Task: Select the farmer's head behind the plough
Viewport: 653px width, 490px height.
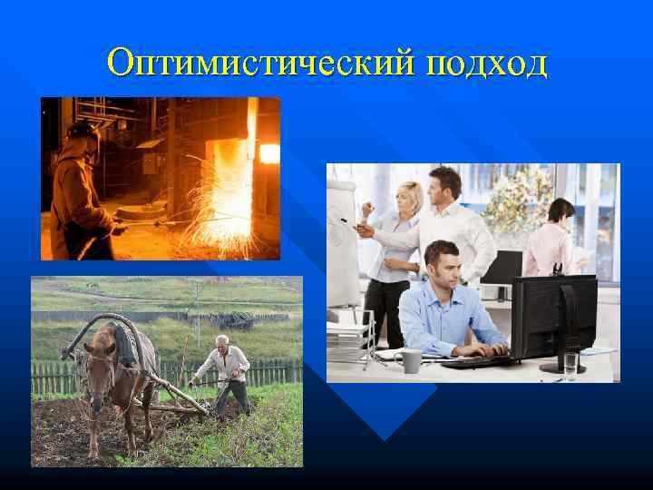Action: coord(222,342)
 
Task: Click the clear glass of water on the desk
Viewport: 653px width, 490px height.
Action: coord(570,366)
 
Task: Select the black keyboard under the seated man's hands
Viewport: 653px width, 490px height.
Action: coord(473,360)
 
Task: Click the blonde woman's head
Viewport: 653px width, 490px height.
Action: coord(410,194)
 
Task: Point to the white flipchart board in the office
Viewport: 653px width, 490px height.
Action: coord(343,240)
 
